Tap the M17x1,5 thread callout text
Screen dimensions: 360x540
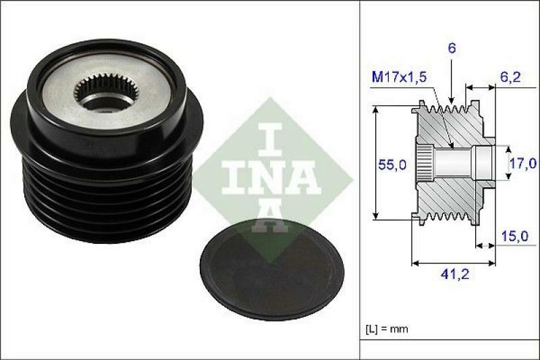[399, 78]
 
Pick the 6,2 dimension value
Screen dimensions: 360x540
[510, 78]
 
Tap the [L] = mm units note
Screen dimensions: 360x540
[387, 329]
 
